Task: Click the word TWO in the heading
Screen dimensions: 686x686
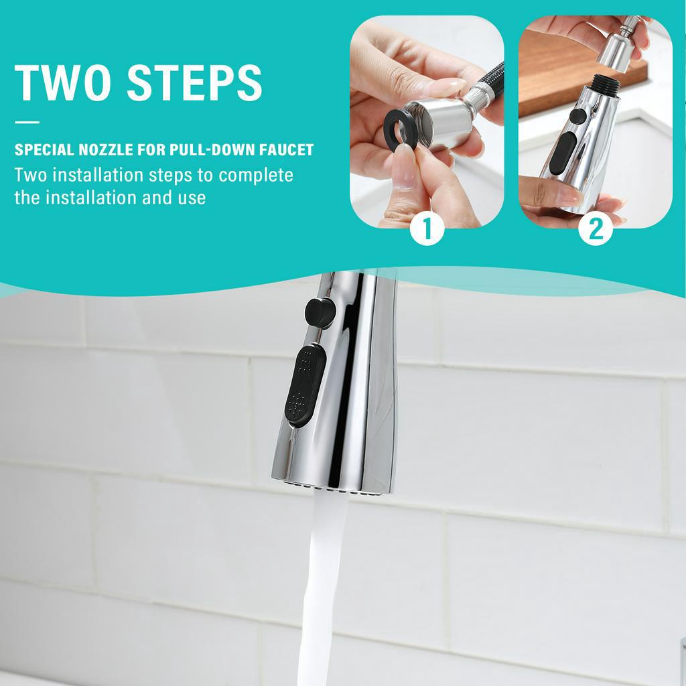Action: tap(62, 82)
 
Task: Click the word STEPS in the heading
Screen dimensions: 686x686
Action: tap(195, 82)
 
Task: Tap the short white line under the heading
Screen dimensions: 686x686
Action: tap(27, 123)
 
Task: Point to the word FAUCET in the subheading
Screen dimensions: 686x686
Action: tap(287, 150)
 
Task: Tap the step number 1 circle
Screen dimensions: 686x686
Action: tap(427, 228)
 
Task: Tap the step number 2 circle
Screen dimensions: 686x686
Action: tap(596, 228)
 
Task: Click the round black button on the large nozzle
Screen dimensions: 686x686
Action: tap(320, 312)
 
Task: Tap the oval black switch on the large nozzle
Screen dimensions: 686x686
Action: tap(305, 385)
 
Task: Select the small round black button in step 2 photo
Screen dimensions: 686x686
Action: tap(577, 116)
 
